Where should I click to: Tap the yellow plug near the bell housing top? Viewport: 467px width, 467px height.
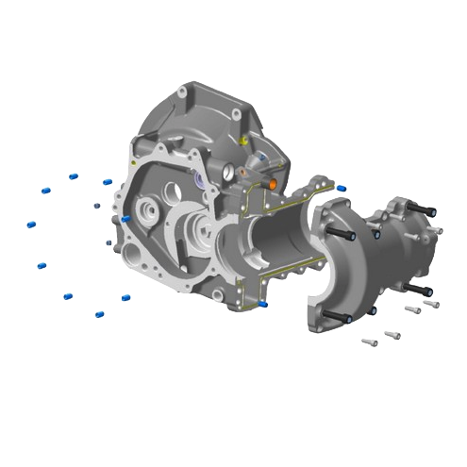click(x=242, y=141)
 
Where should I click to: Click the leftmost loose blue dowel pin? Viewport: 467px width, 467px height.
click(x=31, y=225)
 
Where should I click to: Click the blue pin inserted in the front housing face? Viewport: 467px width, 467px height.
click(x=125, y=219)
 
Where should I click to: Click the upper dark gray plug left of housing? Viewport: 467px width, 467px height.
click(x=96, y=204)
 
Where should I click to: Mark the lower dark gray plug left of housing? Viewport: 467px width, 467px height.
click(x=109, y=242)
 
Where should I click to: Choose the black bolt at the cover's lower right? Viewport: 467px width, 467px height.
click(x=423, y=289)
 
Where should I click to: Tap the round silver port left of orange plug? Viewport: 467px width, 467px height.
click(x=228, y=173)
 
